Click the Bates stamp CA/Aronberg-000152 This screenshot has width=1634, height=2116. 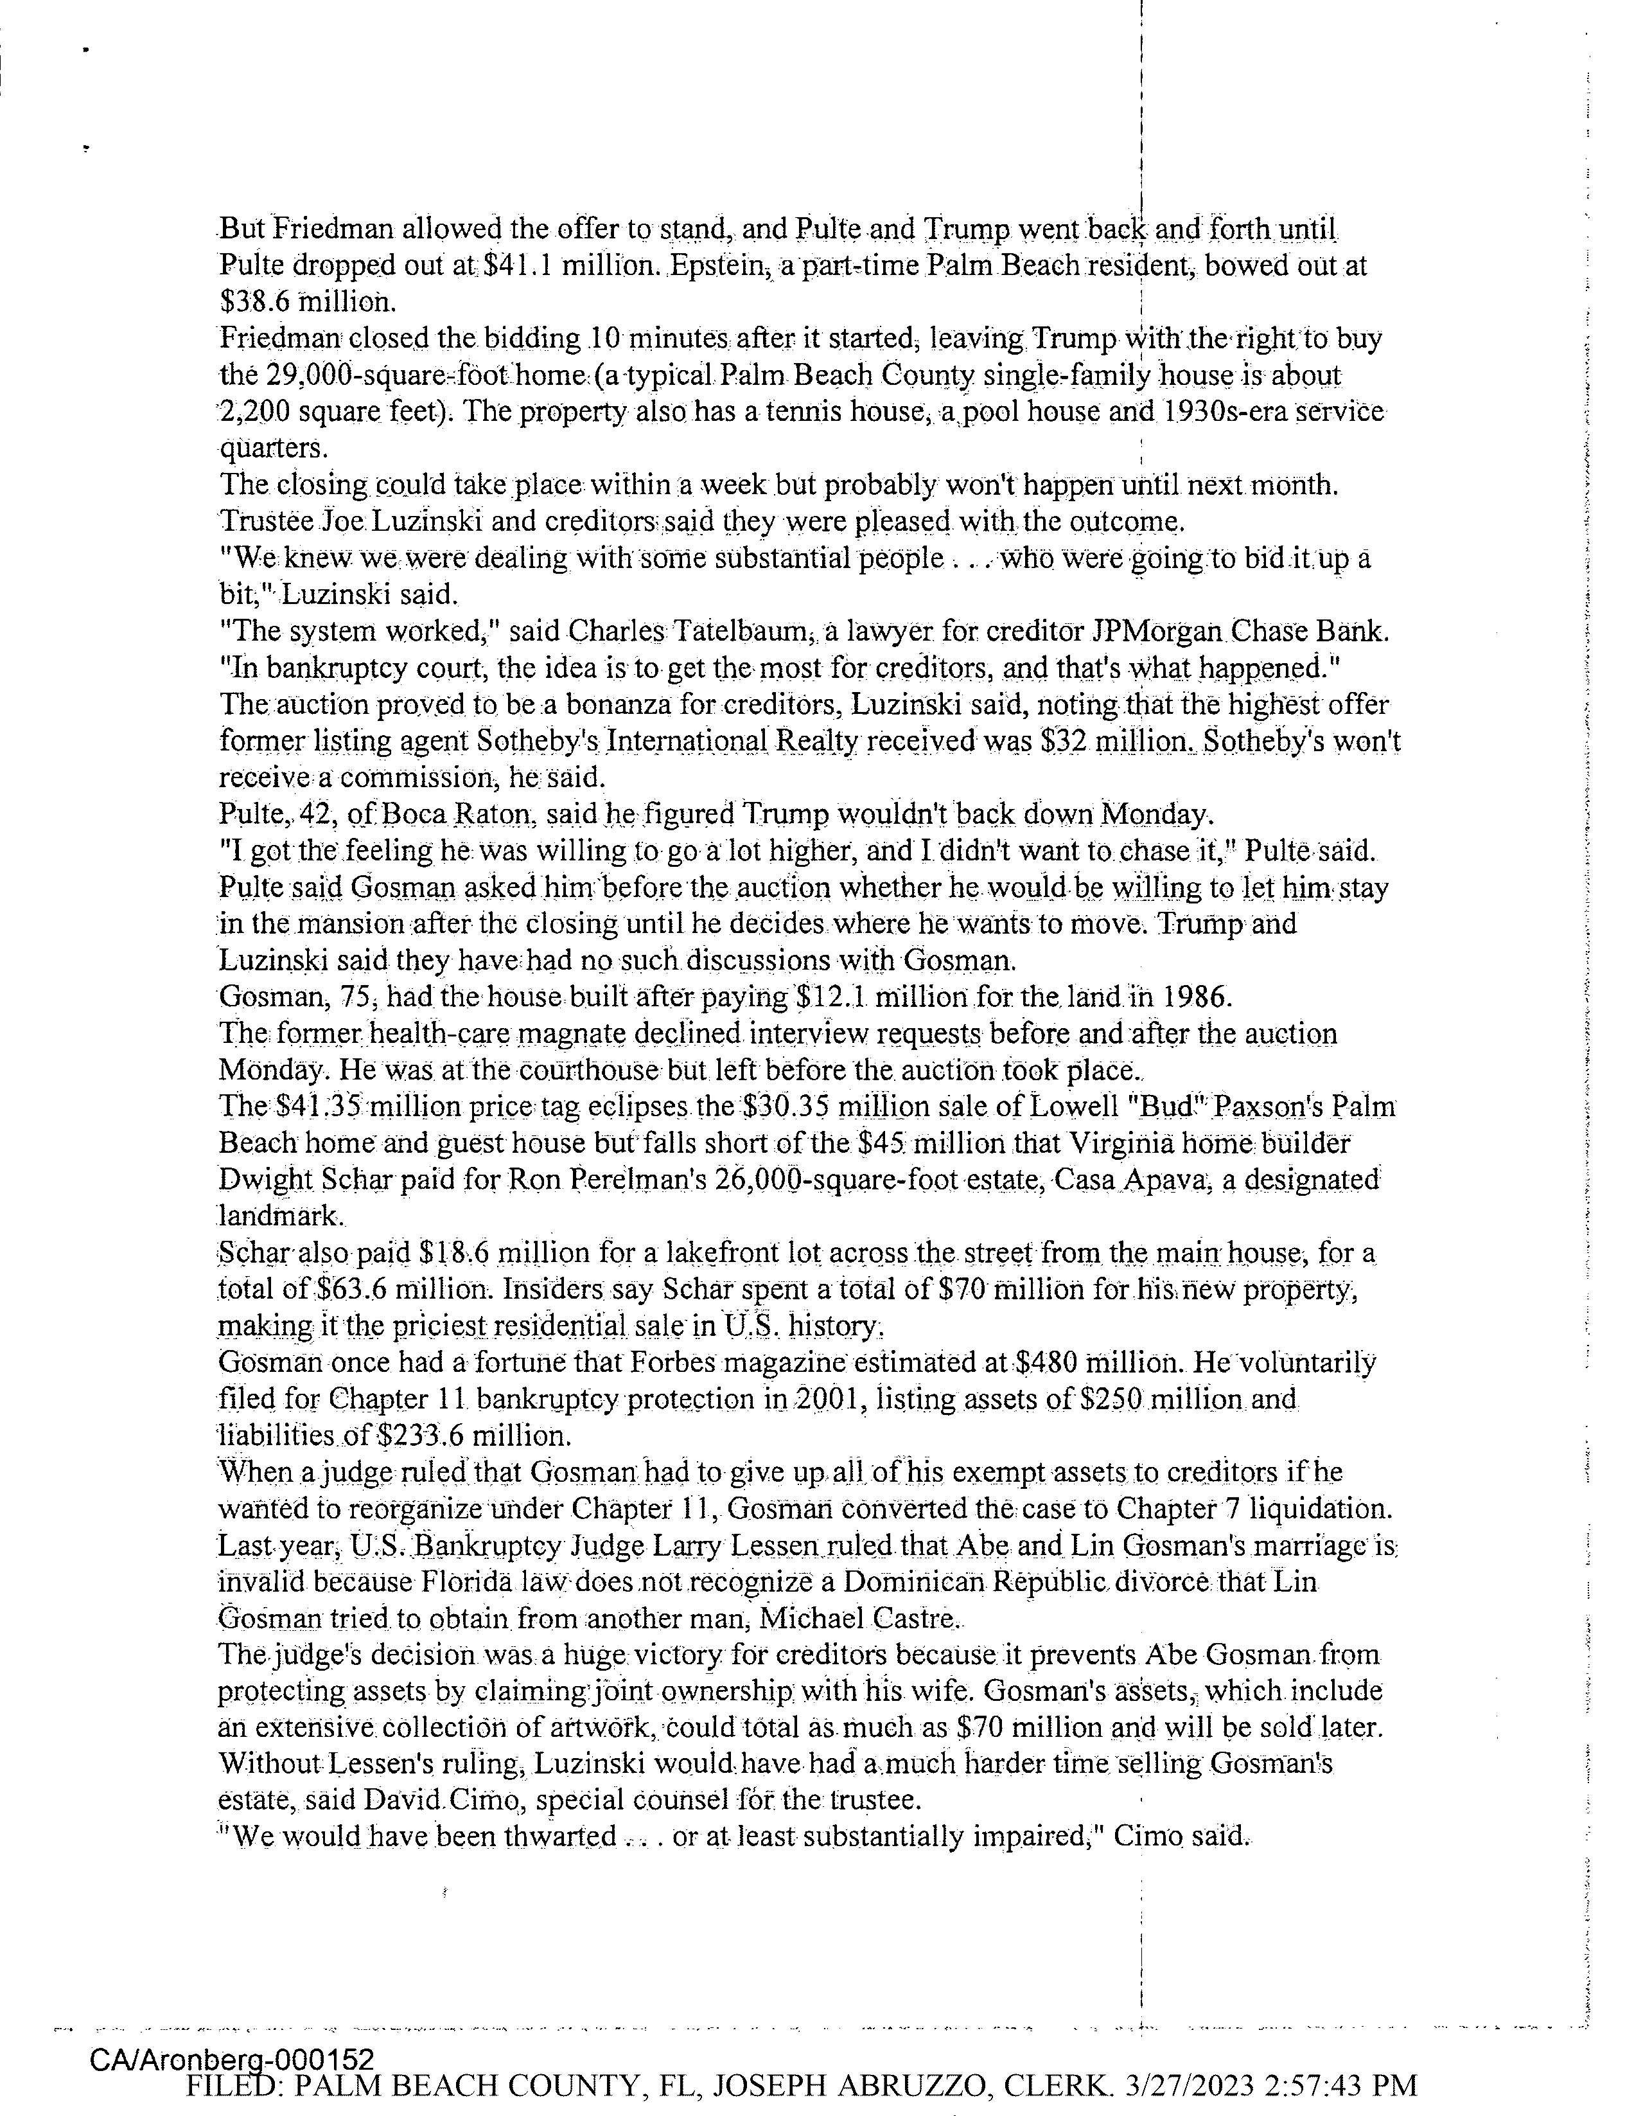point(231,2059)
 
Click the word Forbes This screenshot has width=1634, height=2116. point(675,1363)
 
